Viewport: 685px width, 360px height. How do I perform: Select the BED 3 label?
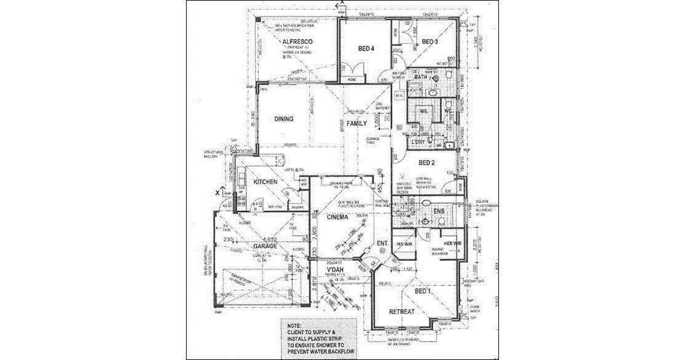pyautogui.click(x=430, y=42)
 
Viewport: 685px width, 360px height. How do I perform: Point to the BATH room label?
pyautogui.click(x=421, y=78)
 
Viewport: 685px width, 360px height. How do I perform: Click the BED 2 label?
pyautogui.click(x=427, y=163)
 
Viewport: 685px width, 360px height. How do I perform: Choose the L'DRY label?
pyautogui.click(x=418, y=143)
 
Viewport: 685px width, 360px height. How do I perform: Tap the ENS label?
pyautogui.click(x=439, y=212)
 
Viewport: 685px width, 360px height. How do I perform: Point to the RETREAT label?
pyautogui.click(x=401, y=311)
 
